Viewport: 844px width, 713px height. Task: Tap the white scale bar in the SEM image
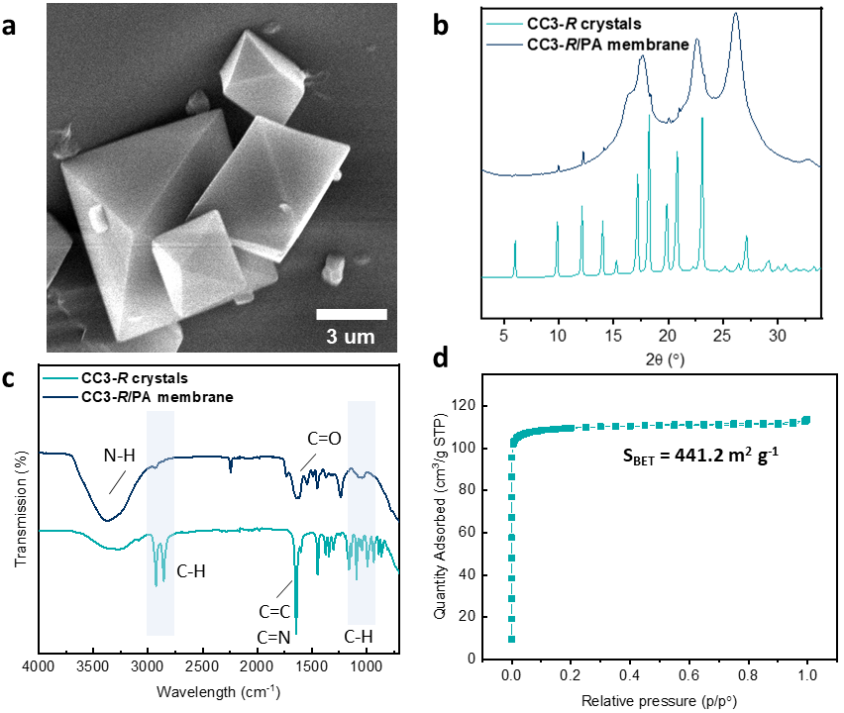351,315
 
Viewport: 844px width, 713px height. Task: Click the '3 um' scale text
352,337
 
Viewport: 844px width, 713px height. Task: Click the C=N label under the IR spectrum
268,638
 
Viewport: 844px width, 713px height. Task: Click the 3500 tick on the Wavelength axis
93,668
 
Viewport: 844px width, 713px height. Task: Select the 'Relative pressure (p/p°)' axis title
658,700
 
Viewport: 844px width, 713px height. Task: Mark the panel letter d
443,377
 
